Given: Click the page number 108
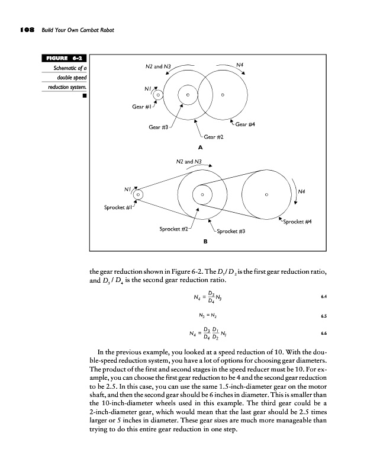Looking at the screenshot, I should [x=28, y=30].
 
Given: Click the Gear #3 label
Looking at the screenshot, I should [x=158, y=127].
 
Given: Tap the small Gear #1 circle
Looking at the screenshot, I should [x=157, y=94].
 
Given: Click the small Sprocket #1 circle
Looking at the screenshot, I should [x=138, y=194].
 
